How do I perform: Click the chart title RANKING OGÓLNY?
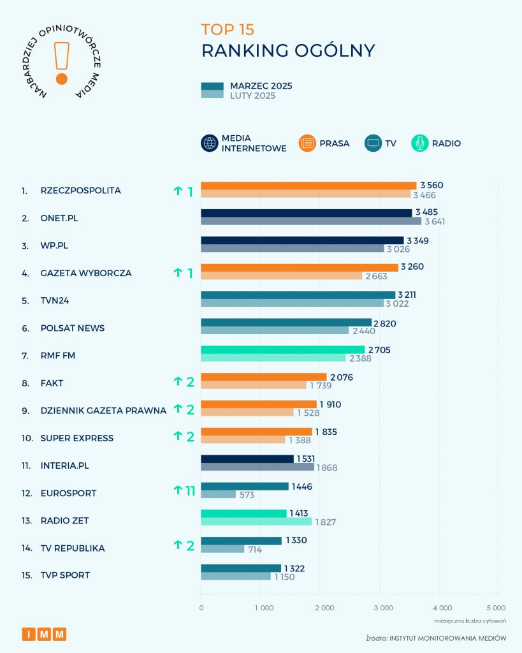click(x=288, y=51)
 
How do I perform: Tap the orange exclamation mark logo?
click(x=62, y=64)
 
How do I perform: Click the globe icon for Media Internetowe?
click(x=210, y=143)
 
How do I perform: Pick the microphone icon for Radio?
click(x=420, y=143)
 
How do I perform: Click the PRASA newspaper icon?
click(x=307, y=143)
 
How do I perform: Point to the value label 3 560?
click(x=431, y=186)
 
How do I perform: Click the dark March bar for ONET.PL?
click(x=307, y=213)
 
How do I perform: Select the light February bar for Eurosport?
click(x=218, y=495)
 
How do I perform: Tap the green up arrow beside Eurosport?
click(x=178, y=490)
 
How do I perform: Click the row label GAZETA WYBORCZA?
click(x=85, y=273)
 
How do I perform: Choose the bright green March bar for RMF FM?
click(x=283, y=350)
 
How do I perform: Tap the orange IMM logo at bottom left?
click(x=44, y=634)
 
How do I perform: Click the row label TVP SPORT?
click(x=64, y=575)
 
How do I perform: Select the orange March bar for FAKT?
click(x=264, y=378)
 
